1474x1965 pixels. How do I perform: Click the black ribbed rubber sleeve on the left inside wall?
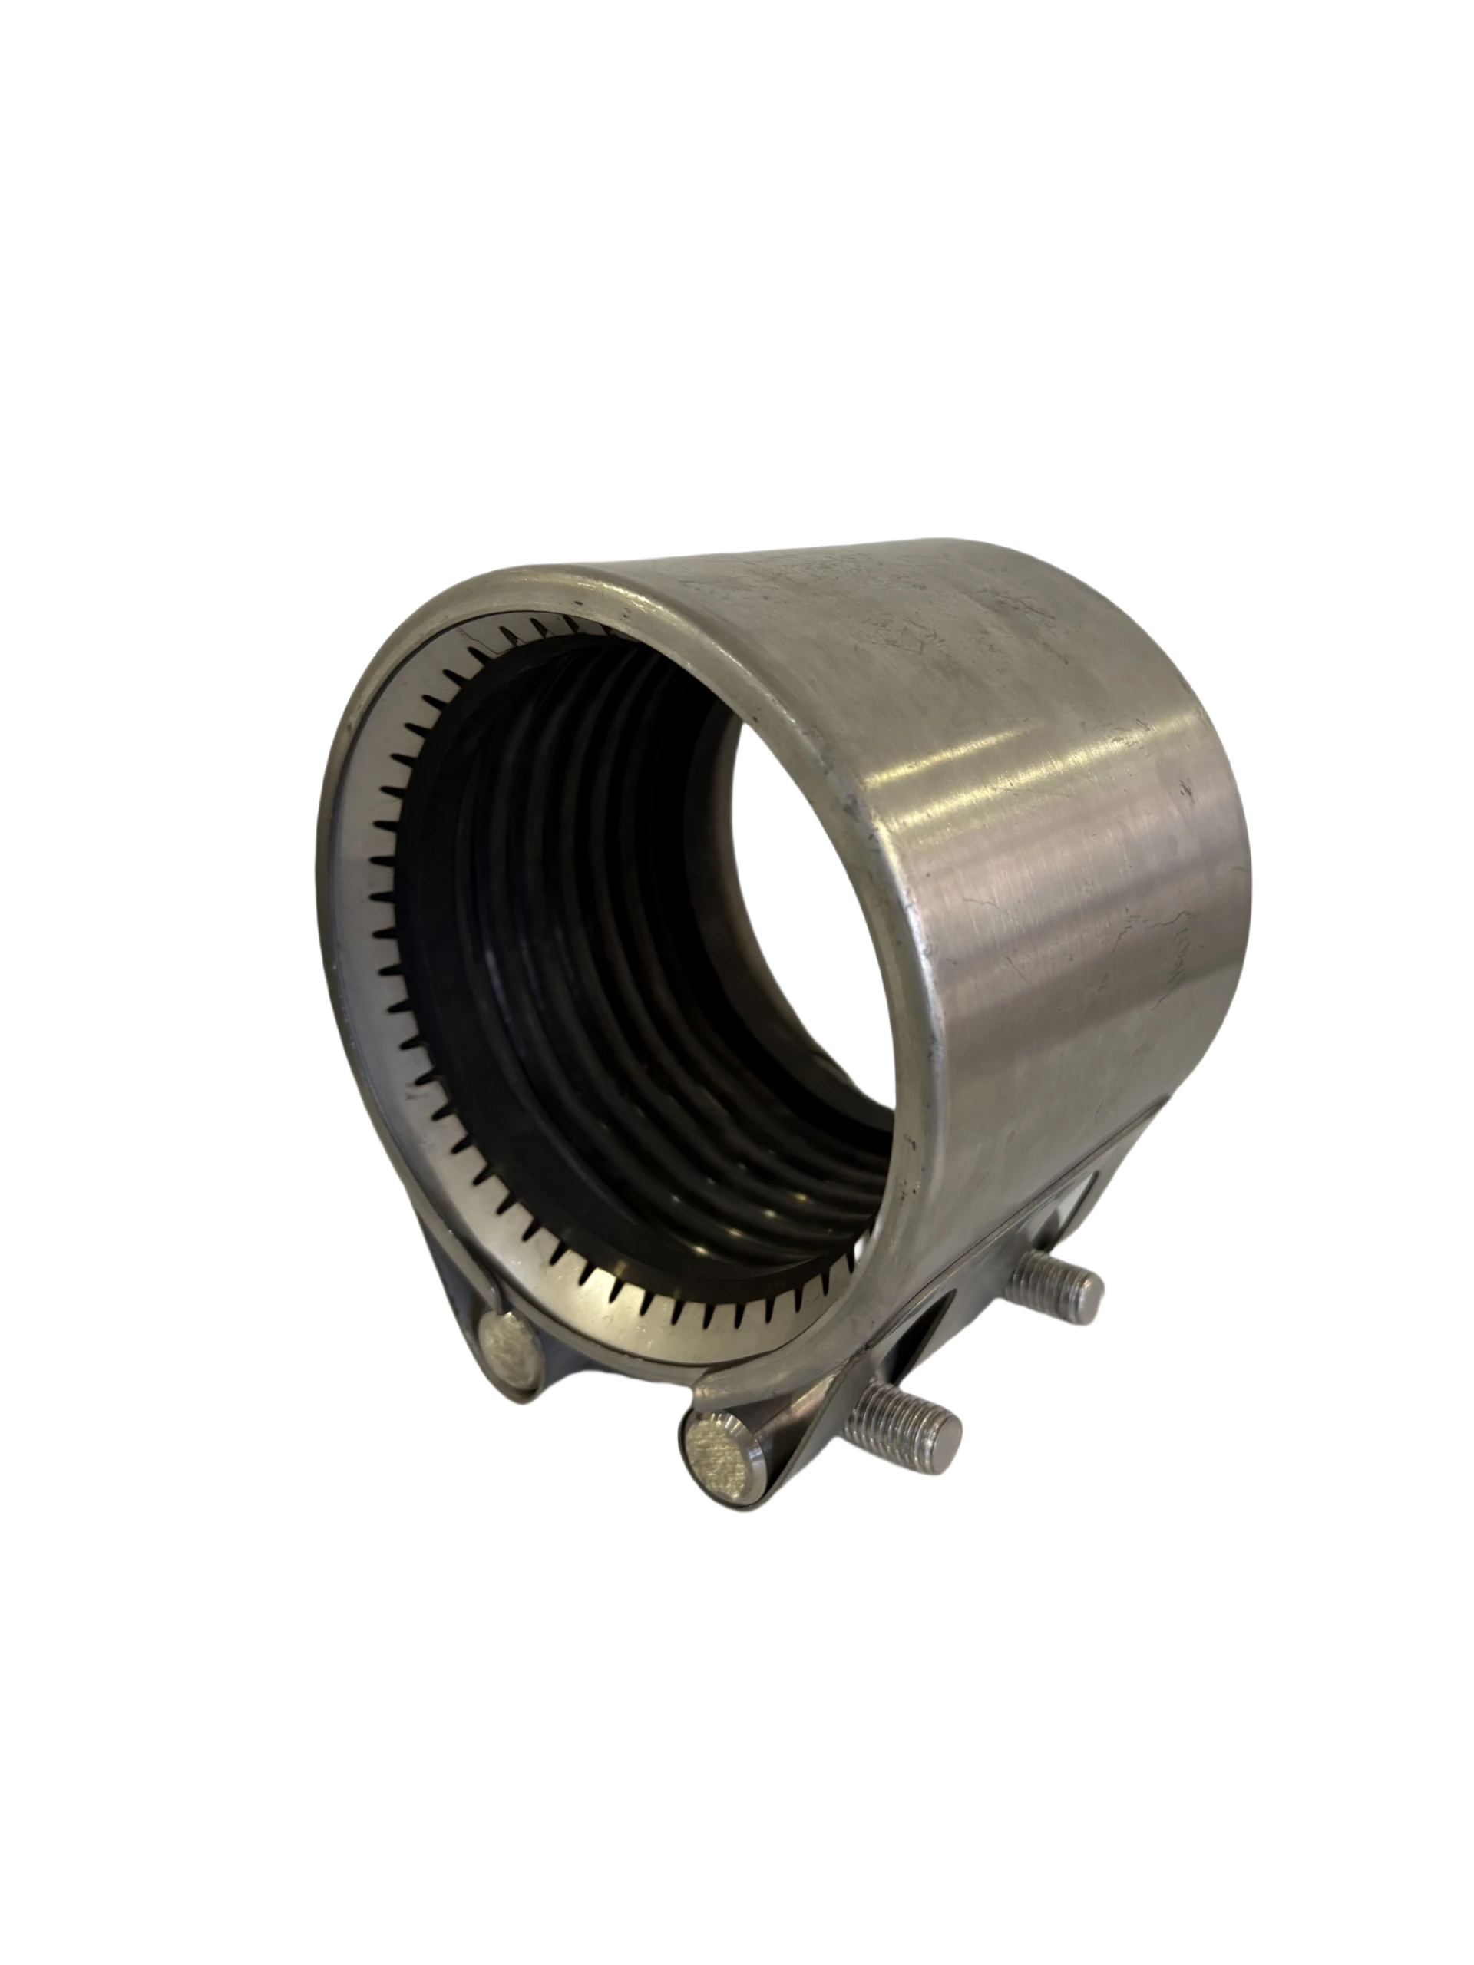(x=462, y=933)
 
